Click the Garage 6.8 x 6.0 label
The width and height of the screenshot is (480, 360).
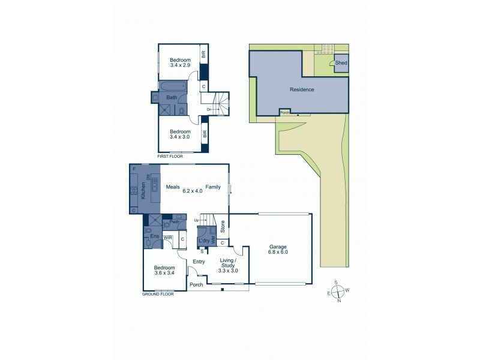(278, 250)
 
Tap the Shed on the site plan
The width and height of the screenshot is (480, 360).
(341, 62)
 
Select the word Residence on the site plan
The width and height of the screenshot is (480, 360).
(302, 89)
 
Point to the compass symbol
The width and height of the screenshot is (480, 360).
(339, 292)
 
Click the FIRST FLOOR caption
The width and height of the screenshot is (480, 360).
(170, 156)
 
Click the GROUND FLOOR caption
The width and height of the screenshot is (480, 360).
(158, 295)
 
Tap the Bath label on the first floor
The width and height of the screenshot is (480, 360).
(172, 98)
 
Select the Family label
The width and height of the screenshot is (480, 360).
(212, 187)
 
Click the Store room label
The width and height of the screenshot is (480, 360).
(222, 227)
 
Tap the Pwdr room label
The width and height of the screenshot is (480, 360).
(175, 222)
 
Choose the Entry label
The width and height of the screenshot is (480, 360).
(199, 261)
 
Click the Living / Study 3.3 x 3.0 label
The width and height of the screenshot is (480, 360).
(227, 266)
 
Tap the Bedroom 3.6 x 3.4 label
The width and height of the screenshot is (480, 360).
(164, 270)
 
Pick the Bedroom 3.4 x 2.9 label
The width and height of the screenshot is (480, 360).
(180, 62)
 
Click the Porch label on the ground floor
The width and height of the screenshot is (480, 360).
(196, 284)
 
